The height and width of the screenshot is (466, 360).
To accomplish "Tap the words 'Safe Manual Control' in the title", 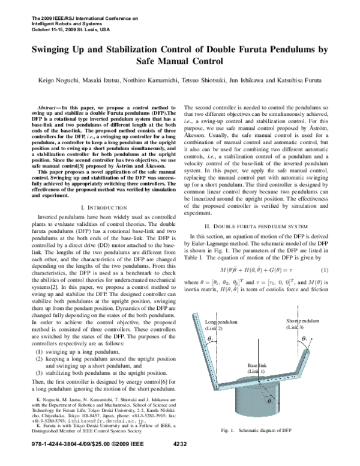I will point(180,61).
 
